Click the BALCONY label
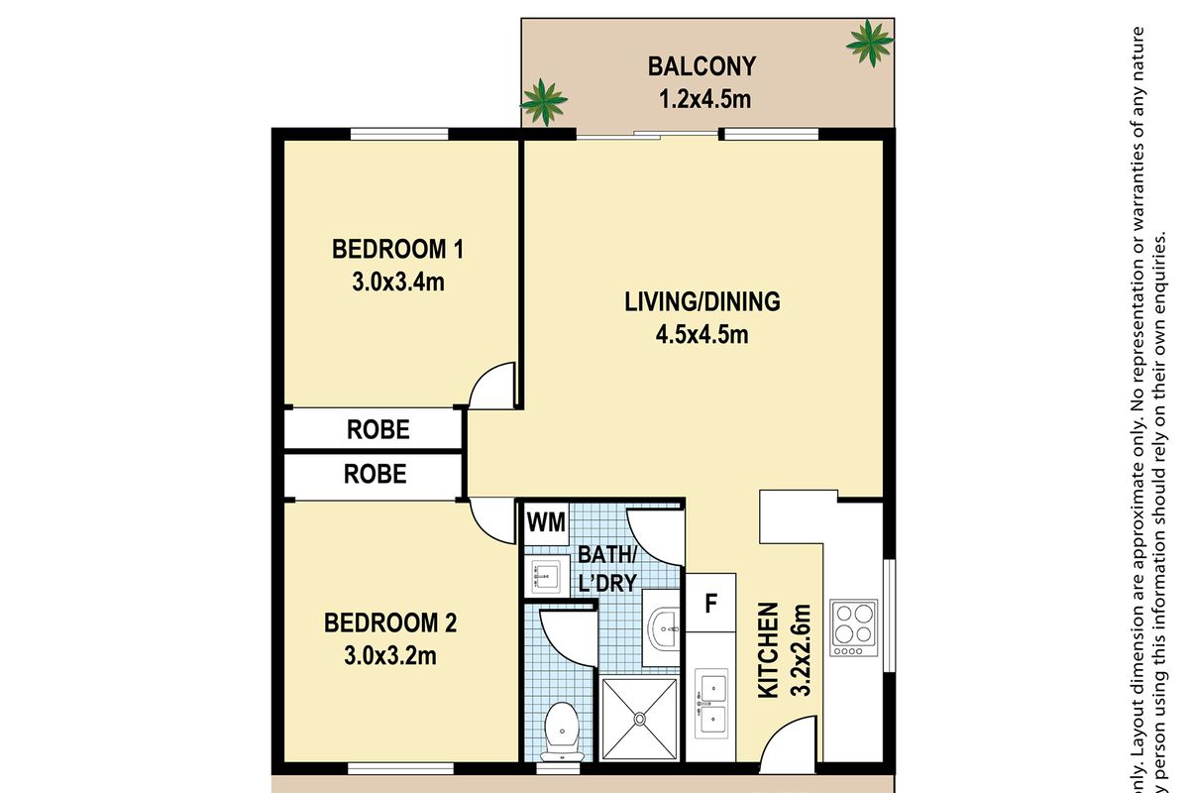[702, 67]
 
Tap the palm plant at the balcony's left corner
[543, 100]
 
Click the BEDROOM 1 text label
[397, 249]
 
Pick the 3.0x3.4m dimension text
[397, 282]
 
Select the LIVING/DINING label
[702, 301]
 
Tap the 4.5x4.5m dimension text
[702, 334]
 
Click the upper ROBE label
[378, 430]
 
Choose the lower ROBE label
[375, 475]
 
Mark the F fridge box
[710, 602]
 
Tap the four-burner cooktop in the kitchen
[854, 626]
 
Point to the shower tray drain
[640, 718]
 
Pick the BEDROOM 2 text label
[390, 623]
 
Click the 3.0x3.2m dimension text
[390, 656]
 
